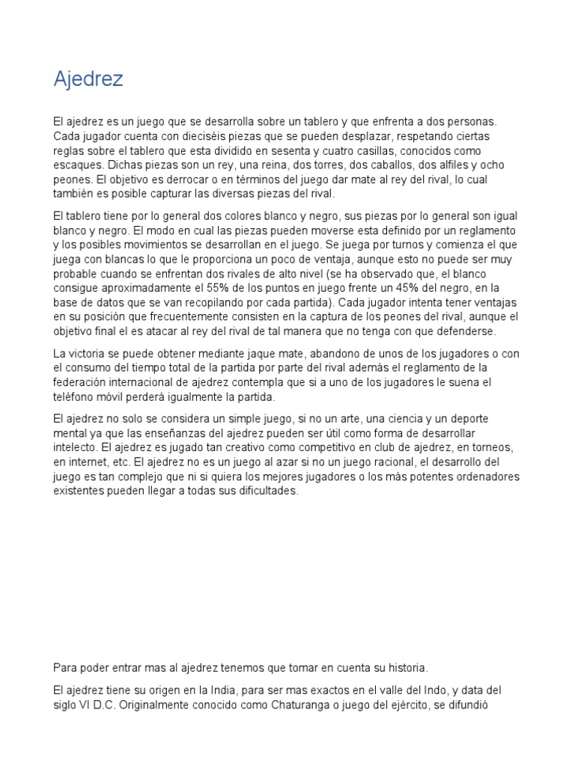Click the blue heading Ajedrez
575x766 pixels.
pos(88,80)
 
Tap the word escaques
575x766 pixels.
pos(78,165)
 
